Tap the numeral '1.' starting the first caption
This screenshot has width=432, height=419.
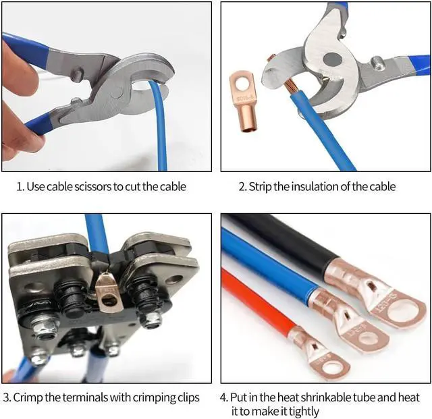[x=20, y=186]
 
